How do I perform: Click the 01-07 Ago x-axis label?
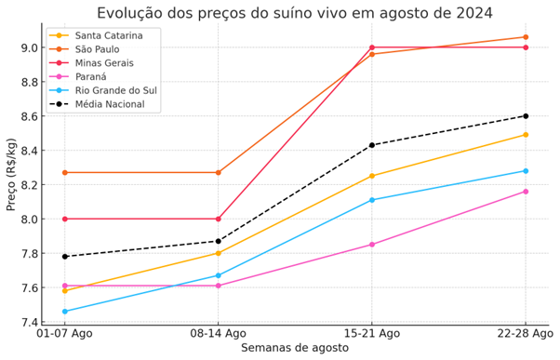coord(64,333)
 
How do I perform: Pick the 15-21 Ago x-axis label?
coord(371,333)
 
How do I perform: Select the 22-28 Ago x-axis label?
coord(525,333)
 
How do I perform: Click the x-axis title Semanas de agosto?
coord(295,348)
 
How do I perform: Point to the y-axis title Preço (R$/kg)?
coord(11,184)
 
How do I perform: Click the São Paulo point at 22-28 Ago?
coord(526,37)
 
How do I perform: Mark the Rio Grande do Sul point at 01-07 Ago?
coord(64,312)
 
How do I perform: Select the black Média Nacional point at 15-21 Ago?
coord(372,145)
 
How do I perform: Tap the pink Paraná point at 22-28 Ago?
coord(526,192)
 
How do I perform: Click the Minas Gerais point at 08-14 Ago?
coord(219,219)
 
